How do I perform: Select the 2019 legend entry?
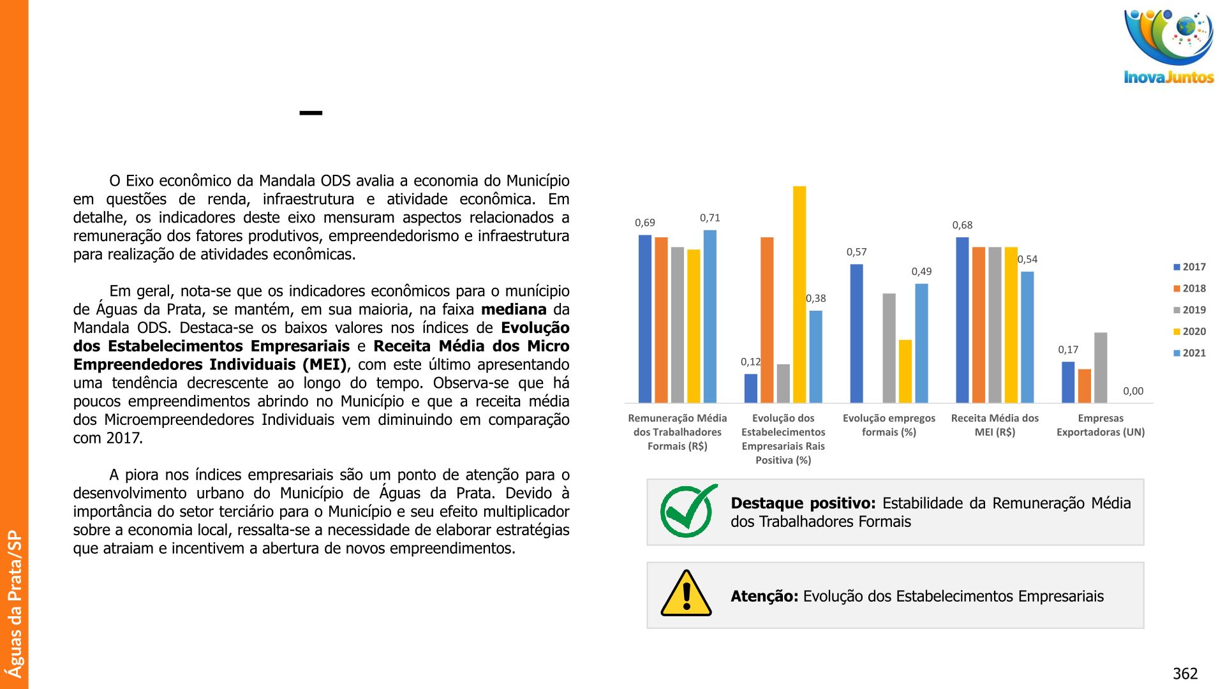1190,310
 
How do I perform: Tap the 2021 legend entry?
1190,353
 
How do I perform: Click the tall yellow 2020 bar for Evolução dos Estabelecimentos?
799,293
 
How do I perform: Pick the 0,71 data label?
709,218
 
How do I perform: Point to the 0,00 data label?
1133,391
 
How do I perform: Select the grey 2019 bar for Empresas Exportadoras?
1101,367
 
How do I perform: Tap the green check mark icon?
688,511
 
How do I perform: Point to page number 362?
1185,674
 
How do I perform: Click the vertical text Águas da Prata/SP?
14,604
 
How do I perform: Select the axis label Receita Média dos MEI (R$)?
995,425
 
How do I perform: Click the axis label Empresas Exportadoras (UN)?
1101,425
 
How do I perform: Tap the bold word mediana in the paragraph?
513,310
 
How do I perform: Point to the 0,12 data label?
750,362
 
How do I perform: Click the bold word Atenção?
764,596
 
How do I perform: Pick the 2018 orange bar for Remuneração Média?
661,320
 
